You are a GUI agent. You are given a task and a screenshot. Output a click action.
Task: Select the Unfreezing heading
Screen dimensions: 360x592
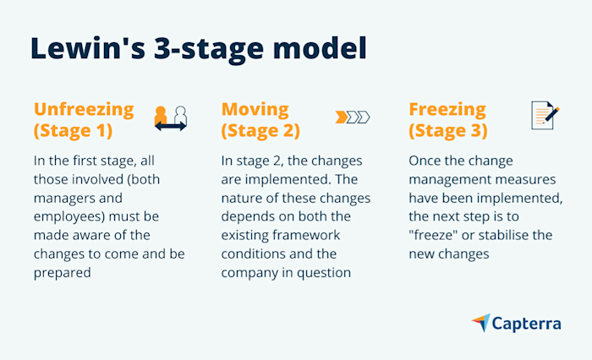83,109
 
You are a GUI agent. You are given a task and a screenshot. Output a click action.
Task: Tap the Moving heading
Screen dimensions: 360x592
255,109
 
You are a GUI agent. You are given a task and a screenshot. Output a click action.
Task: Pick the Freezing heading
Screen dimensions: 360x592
447,109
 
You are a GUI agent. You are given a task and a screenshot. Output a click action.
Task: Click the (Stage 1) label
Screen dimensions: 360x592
74,131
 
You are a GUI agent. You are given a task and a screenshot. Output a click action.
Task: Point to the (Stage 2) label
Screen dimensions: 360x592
261,131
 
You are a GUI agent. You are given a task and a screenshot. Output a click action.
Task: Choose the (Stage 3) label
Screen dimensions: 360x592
448,131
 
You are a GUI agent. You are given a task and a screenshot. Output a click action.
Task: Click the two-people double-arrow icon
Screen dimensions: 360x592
171,117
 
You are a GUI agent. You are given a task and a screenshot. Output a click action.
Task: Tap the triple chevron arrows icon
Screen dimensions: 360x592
353,117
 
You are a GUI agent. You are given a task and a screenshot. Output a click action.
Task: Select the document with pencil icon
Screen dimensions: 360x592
545,115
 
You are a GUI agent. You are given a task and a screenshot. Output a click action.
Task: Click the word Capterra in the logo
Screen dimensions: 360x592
528,323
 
